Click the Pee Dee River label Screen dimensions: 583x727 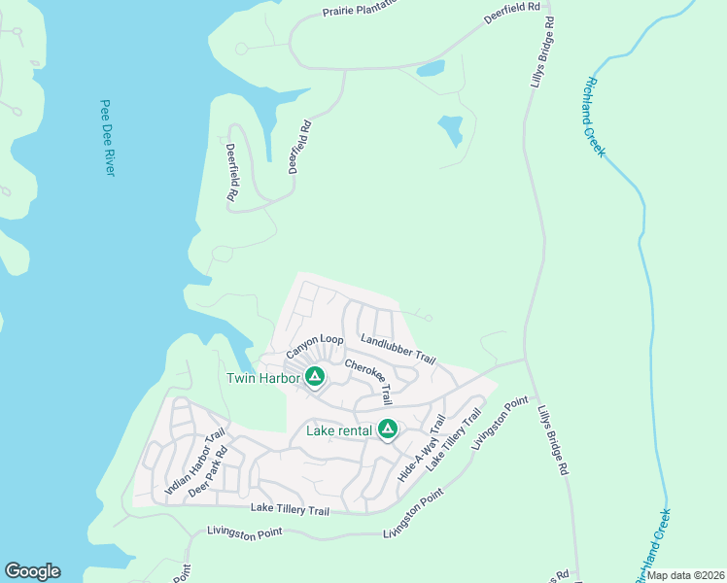coord(107,137)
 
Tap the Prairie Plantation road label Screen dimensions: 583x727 coord(361,10)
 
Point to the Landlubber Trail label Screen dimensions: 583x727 coord(398,349)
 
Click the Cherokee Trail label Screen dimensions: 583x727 coord(368,380)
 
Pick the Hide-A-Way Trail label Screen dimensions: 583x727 coord(421,448)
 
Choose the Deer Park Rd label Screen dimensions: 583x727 coord(207,471)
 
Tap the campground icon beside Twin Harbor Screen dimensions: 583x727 coord(314,376)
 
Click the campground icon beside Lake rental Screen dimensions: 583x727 coord(388,429)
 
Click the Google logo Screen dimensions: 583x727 coord(32,571)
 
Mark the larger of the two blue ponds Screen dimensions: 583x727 coord(451,130)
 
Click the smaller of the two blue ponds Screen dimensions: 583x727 coord(430,69)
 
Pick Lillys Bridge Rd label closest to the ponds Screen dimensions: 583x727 coord(541,51)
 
